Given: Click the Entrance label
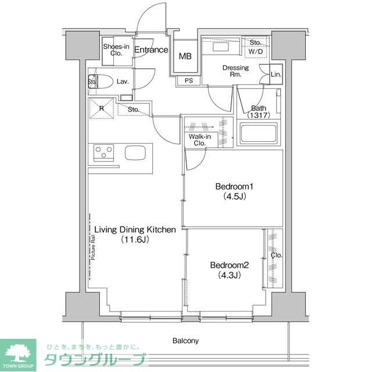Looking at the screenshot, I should (151, 51).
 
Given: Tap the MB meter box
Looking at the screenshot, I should (185, 56).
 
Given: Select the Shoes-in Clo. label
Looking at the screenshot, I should (116, 49).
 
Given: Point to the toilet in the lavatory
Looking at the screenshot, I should (102, 82).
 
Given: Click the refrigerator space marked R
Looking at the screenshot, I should (101, 109).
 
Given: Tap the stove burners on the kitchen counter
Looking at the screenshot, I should (104, 153).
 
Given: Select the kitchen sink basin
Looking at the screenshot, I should (137, 153).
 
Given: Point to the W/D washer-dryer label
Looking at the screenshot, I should (255, 51).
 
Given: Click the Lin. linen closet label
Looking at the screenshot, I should (276, 74).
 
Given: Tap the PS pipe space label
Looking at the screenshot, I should (189, 81).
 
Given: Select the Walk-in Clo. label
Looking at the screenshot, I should (198, 139).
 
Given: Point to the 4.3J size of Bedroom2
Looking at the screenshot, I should (230, 275).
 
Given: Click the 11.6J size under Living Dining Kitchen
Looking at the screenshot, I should (135, 239).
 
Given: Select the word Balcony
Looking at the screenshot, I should (185, 341).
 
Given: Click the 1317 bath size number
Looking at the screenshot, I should (258, 116).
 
